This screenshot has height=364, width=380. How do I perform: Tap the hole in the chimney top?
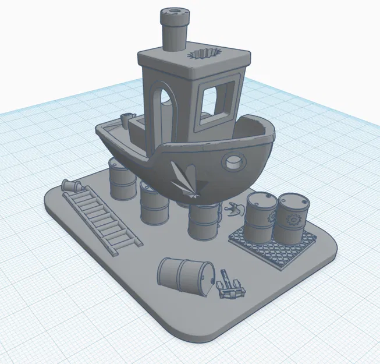pos(173,11)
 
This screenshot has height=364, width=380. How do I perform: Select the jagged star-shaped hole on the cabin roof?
pos(204,54)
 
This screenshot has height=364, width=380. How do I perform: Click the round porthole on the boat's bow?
pos(235,162)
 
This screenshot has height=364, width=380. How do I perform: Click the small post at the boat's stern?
pos(124,119)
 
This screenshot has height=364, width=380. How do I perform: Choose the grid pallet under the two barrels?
pos(274,245)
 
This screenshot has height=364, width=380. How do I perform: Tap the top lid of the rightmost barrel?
pos(292,201)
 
